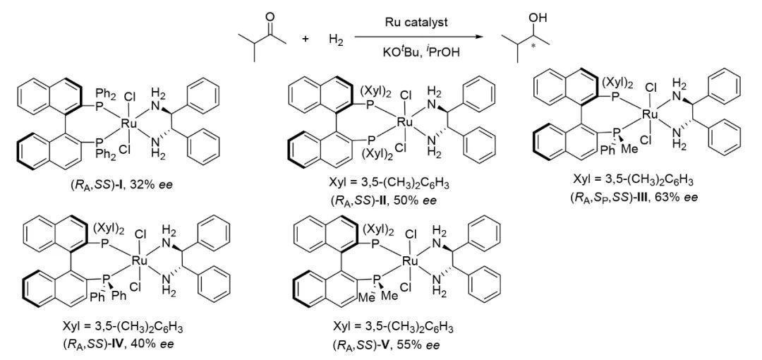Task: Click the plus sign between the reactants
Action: coord(306,39)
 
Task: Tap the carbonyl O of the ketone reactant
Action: coord(270,16)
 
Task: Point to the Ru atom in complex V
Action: coord(408,262)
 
